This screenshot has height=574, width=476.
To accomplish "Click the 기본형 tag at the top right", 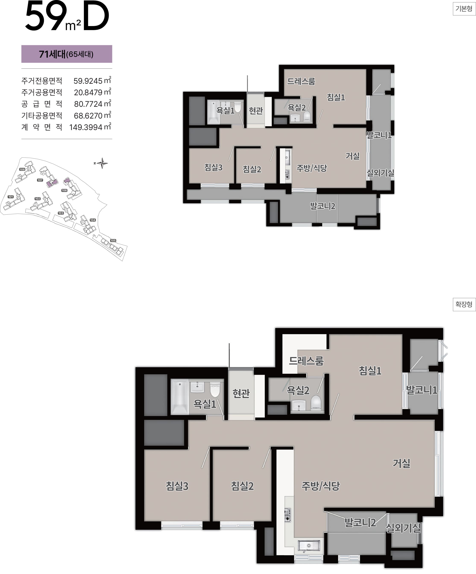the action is [464, 9].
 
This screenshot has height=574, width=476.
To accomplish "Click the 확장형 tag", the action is [464, 304].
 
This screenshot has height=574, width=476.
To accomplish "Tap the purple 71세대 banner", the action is [67, 54].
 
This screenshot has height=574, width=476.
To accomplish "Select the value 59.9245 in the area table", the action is [88, 81].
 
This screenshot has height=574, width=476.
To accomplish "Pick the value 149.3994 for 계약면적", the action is [86, 127].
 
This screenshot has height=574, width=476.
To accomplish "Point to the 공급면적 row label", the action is [42, 104].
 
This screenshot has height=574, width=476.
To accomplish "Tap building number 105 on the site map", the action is [113, 240].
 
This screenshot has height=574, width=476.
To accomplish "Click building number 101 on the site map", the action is [11, 197].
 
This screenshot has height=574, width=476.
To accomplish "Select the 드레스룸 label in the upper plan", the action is [301, 81].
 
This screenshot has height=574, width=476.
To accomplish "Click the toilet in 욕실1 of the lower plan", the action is [215, 389].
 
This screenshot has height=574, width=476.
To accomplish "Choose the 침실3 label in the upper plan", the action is [214, 167].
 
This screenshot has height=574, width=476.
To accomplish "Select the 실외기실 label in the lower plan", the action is [403, 528].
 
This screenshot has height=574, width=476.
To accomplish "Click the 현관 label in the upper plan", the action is [256, 111].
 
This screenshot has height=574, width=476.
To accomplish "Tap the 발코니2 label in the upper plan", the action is [323, 206].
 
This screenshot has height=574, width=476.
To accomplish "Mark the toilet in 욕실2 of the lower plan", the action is [316, 402].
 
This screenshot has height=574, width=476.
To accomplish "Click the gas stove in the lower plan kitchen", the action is [288, 515].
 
